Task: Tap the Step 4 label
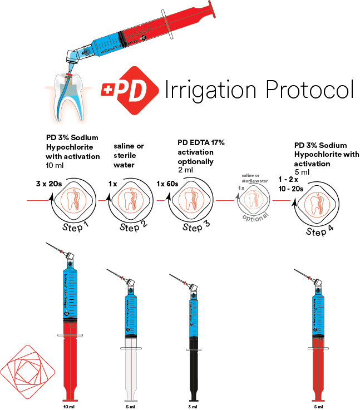tap(316, 230)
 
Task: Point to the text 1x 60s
tap(168, 184)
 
